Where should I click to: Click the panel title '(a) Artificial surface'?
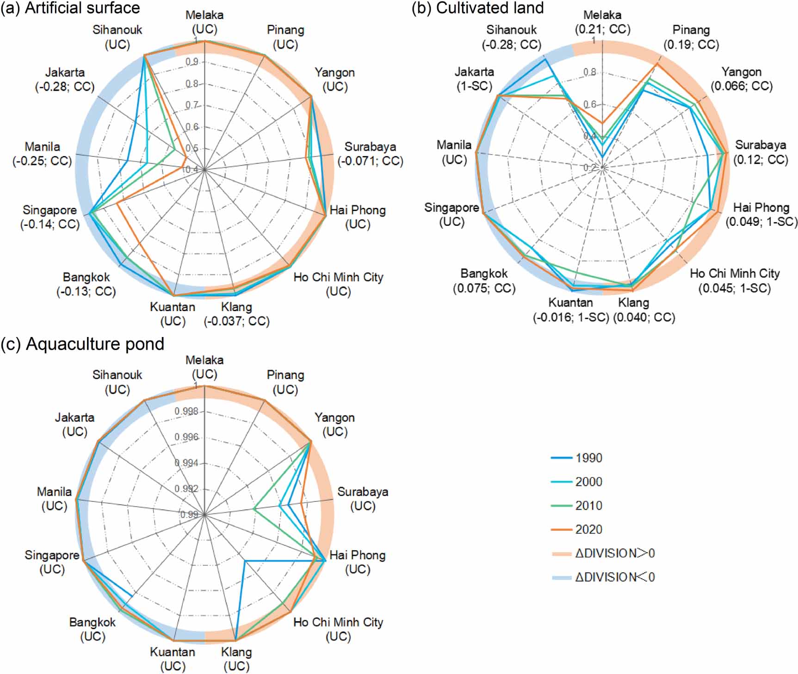click(70, 8)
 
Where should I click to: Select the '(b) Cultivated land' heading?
click(478, 8)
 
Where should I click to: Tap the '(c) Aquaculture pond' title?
click(82, 344)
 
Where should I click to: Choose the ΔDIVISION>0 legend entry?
click(604, 553)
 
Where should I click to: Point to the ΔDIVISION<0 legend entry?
click(604, 577)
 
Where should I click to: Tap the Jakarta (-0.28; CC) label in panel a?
click(65, 80)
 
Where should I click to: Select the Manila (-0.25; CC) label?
click(42, 154)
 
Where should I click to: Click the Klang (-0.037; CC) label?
click(236, 314)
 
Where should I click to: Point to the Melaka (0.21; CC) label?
click(602, 22)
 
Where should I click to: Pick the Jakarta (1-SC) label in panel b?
click(474, 79)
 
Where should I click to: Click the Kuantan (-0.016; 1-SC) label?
click(571, 310)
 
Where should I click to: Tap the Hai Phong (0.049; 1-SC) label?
click(761, 214)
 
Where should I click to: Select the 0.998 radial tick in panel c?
click(186, 412)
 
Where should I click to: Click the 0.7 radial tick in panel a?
click(192, 106)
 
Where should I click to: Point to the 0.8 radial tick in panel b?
click(589, 72)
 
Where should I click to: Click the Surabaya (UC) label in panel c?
click(363, 499)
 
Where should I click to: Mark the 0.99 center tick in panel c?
click(189, 515)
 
